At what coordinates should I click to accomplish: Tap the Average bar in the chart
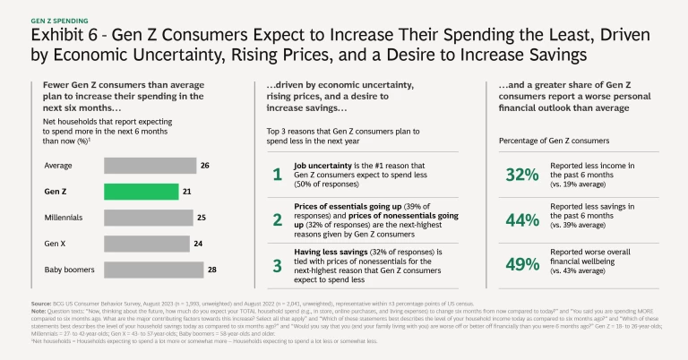point(150,165)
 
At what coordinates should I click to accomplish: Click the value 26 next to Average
point(206,165)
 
